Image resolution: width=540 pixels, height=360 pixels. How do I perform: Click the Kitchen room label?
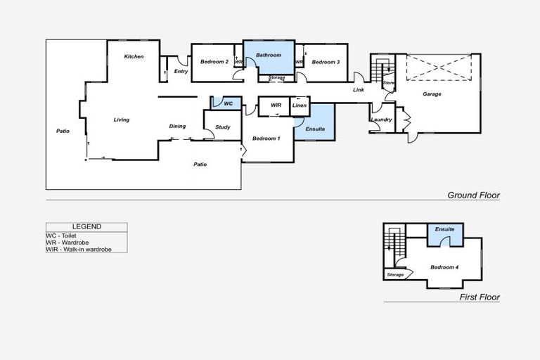134,56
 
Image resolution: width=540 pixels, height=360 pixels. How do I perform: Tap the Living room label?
122,120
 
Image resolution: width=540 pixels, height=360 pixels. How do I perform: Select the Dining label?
177,127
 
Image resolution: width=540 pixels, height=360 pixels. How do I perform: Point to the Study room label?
223,127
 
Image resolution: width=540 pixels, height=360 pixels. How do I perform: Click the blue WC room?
228,103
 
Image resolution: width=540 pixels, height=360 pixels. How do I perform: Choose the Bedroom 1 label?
266,139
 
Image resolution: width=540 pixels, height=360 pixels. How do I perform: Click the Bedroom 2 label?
214,62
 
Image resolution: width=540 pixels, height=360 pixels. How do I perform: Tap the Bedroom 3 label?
326,62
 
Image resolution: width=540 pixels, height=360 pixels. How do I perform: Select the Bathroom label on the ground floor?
268,55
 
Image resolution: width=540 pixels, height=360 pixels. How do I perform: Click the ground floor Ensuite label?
314,129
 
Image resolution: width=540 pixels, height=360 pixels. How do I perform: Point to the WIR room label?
276,105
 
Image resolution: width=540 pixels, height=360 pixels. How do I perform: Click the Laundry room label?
380,120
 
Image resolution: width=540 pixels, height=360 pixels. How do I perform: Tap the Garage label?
432,94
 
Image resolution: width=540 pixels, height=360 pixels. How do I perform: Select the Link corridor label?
359,90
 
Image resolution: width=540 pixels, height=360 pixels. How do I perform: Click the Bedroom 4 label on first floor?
444,267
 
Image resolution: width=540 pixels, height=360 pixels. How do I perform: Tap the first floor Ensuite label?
444,229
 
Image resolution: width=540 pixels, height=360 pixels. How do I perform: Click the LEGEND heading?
86,226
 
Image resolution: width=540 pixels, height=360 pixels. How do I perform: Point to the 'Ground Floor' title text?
473,195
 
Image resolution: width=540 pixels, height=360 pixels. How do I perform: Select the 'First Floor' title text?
480,297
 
